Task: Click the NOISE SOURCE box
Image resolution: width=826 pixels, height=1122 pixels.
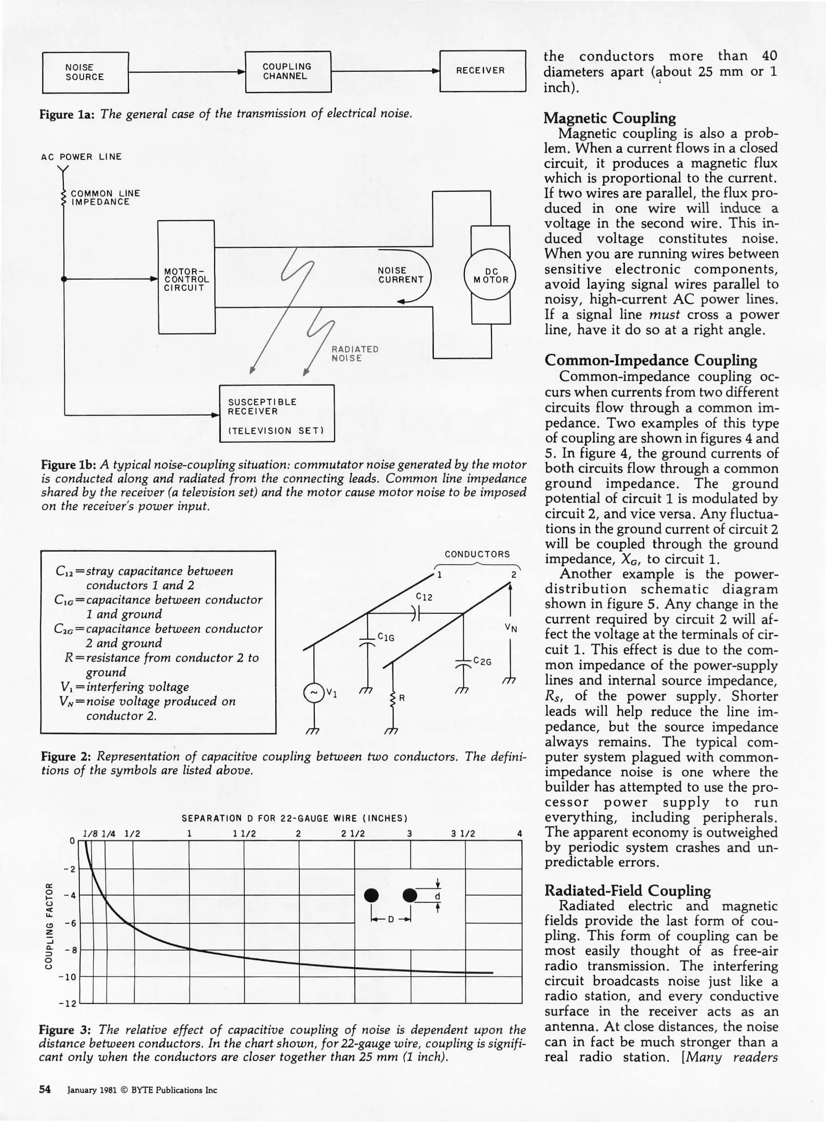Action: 85,72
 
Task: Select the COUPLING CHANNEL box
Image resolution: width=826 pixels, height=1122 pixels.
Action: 288,72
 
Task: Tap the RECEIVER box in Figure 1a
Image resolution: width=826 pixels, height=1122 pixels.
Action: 483,71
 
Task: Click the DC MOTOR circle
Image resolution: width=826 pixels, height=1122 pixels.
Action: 490,275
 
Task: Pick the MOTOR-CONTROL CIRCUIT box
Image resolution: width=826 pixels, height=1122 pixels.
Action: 186,277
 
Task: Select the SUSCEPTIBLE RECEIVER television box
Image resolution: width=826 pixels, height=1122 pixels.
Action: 276,413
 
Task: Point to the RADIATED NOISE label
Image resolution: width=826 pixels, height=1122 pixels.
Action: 355,354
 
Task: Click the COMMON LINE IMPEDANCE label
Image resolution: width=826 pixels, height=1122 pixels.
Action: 105,197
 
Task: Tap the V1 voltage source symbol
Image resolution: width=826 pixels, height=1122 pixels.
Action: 313,693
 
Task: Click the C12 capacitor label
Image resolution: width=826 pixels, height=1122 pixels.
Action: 424,597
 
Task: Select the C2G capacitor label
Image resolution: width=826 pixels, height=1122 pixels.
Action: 482,662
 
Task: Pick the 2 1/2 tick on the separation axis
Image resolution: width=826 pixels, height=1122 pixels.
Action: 353,834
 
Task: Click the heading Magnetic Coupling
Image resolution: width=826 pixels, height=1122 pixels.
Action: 609,118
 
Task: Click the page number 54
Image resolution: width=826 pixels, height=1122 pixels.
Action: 45,1090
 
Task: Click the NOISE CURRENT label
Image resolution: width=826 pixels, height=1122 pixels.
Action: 401,275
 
